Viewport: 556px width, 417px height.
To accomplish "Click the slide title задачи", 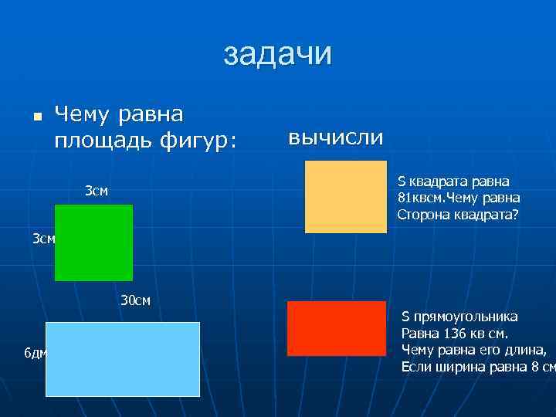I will (x=278, y=54).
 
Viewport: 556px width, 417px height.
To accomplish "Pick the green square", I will (x=93, y=242).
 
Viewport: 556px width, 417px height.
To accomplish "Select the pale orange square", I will (x=345, y=196).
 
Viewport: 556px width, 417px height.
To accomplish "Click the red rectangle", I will (x=336, y=328).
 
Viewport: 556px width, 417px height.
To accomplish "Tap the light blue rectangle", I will (x=123, y=359).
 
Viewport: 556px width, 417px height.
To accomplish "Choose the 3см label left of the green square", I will (x=43, y=239).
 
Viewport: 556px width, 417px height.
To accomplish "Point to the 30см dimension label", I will (x=135, y=300).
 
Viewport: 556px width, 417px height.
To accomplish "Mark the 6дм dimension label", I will (x=36, y=354).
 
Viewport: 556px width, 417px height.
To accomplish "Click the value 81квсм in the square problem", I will (x=418, y=198).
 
